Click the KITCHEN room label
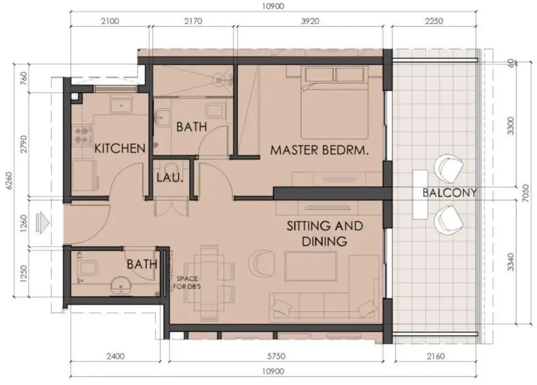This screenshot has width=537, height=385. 120,148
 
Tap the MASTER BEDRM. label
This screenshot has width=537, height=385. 320,150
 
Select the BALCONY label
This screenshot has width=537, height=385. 449,193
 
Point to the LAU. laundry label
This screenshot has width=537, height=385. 170,177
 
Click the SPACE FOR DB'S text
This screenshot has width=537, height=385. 187,282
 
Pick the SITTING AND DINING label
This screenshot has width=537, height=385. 324,233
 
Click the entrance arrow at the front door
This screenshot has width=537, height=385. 43,223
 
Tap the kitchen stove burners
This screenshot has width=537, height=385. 83,134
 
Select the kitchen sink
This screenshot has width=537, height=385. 121,104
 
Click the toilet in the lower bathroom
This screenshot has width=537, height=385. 88,268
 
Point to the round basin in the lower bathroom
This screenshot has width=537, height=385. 121,286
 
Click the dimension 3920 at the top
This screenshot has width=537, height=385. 310,21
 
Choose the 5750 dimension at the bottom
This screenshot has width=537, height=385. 276,356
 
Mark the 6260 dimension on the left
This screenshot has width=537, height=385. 9,180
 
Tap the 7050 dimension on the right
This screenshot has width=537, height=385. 526,193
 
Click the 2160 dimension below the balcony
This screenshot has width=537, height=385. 435,356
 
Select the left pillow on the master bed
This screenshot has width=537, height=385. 320,75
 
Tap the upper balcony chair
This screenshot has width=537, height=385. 448,168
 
